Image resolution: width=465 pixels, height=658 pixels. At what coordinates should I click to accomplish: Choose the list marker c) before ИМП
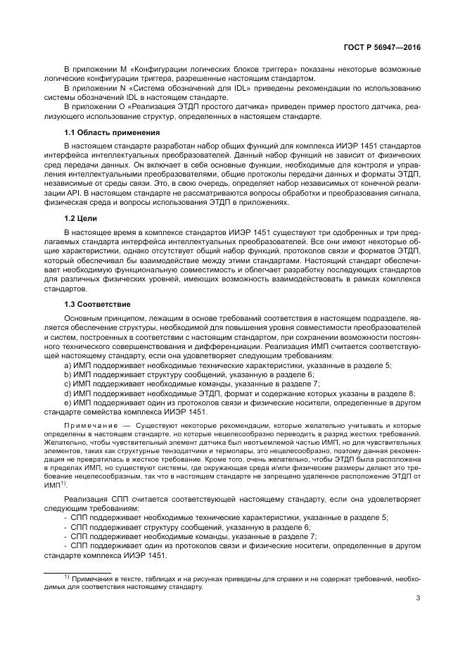pos(67,384)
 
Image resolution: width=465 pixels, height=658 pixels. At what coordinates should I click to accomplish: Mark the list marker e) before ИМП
pos(67,403)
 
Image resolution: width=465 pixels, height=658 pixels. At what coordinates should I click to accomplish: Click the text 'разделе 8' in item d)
pos(397,393)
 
